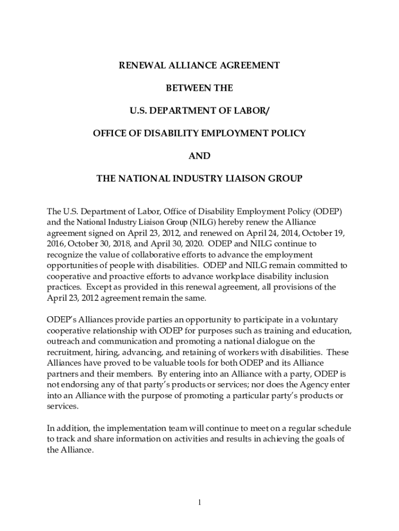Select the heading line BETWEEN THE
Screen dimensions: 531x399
[199, 88]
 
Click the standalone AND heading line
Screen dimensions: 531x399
[199, 156]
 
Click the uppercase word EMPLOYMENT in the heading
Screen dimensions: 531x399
[227, 133]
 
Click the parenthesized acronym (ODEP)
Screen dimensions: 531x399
[327, 212]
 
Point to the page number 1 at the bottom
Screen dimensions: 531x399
[199, 502]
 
